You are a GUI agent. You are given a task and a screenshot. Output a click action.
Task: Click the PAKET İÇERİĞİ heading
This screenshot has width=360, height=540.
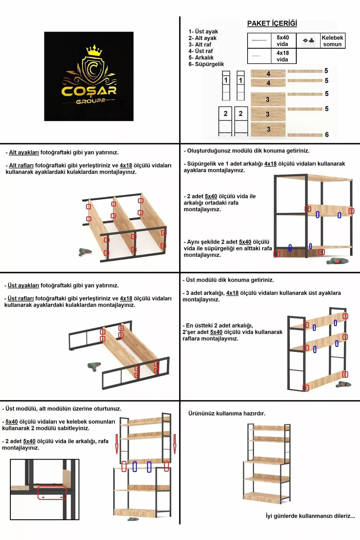click(272, 24)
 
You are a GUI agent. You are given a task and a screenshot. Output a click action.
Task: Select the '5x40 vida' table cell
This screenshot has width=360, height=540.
click(282, 41)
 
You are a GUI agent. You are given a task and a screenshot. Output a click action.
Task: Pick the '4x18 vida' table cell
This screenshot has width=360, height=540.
click(282, 56)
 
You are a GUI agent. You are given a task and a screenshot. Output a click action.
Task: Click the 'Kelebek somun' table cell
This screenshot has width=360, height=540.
click(332, 41)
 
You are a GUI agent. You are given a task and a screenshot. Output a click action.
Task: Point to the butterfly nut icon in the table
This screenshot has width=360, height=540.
click(308, 40)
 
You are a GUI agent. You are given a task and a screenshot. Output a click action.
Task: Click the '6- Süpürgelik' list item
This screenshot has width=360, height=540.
click(206, 64)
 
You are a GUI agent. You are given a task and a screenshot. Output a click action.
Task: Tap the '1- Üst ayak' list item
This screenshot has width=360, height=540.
click(203, 32)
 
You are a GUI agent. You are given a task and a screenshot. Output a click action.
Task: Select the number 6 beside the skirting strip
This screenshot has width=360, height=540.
click(327, 135)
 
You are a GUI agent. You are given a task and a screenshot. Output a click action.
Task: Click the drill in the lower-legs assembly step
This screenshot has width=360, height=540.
click(85, 252)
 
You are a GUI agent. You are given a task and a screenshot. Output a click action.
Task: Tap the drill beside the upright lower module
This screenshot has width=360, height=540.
click(337, 261)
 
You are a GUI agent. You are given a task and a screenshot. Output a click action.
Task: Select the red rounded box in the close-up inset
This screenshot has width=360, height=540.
click(52, 493)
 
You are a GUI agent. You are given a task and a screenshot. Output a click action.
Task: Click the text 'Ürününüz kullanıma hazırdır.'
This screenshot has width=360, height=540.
click(227, 414)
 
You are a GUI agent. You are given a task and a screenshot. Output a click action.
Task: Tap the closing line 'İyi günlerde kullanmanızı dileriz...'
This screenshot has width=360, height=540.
click(310, 516)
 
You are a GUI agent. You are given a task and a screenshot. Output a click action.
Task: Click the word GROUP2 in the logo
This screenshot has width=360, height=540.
click(90, 102)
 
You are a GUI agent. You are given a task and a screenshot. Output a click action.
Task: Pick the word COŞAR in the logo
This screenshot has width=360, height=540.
click(89, 90)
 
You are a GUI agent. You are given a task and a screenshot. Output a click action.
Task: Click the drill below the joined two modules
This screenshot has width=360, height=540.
click(133, 519)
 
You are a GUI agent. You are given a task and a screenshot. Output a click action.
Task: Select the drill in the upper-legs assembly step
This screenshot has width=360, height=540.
click(94, 366)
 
